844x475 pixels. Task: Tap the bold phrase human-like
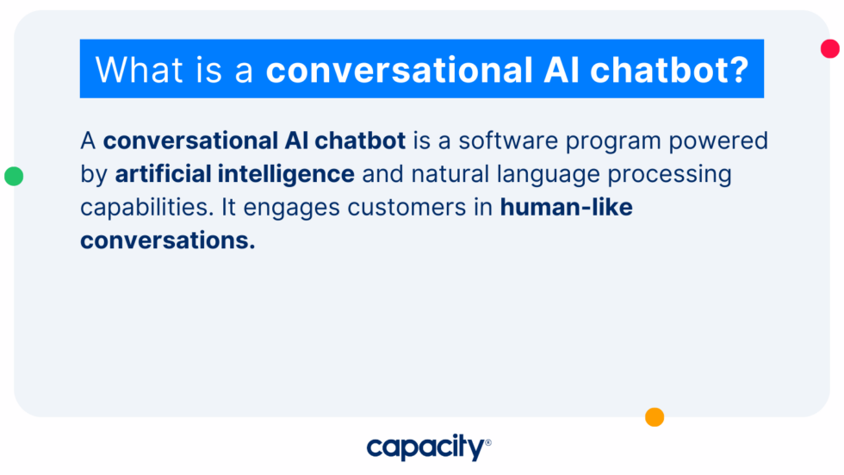[566, 208]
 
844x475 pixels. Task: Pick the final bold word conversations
[167, 241]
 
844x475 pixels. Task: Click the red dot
[830, 48]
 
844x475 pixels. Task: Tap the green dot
[14, 177]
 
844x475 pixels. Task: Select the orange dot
[655, 417]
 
